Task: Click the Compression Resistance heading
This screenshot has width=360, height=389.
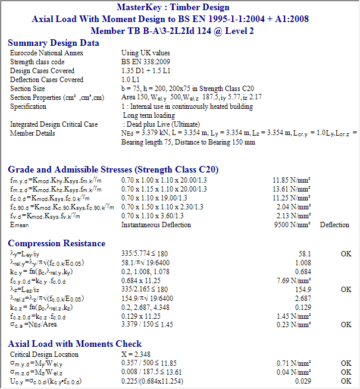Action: [57, 243]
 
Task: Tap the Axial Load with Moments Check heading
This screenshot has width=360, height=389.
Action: [74, 344]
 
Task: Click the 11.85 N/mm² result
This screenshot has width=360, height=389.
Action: [293, 180]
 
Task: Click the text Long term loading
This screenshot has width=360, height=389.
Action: [149, 115]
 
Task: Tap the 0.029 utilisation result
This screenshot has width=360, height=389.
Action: [304, 381]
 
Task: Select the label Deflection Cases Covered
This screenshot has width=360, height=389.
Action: [46, 80]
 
